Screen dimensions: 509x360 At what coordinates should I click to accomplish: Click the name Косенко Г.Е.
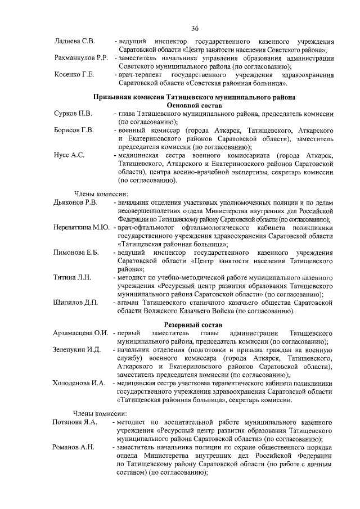point(74,75)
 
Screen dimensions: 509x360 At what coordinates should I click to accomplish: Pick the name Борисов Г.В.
point(74,131)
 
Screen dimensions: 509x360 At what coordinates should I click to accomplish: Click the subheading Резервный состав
point(194,325)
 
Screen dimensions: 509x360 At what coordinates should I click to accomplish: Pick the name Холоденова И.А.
point(79,383)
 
